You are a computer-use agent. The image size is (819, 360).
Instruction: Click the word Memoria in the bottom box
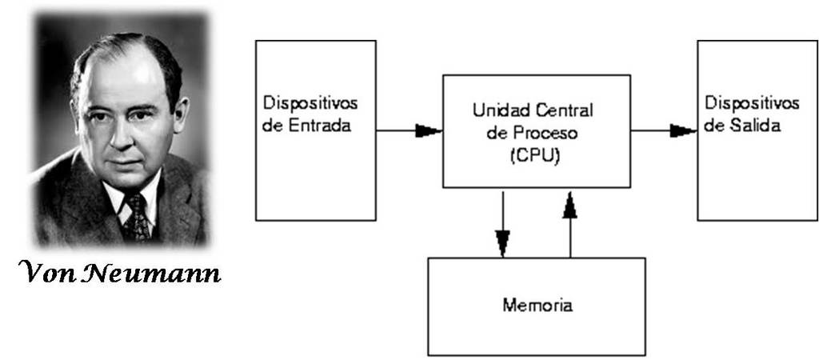tap(537, 306)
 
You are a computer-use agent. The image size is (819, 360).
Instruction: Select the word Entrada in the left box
tap(319, 126)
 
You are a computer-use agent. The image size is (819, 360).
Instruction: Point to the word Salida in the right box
tap(753, 126)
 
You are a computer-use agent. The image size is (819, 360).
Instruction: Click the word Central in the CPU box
tap(561, 109)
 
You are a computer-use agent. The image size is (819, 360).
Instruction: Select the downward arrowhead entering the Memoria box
tap(503, 242)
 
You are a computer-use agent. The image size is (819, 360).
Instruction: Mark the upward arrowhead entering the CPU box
tap(569, 206)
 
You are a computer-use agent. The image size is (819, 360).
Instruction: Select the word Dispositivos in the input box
tap(310, 105)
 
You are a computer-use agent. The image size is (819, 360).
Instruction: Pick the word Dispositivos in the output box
tap(752, 105)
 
